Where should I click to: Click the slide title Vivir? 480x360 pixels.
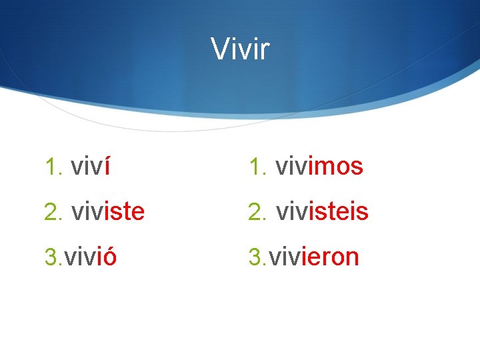coord(240,48)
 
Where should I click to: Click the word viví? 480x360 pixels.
coord(90,167)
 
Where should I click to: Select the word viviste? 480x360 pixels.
coord(107,212)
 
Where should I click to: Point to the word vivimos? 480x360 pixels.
coord(319,167)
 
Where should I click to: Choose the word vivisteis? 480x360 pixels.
coord(321,212)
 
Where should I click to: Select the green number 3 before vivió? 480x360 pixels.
coord(50,257)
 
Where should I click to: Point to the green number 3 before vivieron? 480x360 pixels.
coord(254,257)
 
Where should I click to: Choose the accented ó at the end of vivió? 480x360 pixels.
coord(109,257)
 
